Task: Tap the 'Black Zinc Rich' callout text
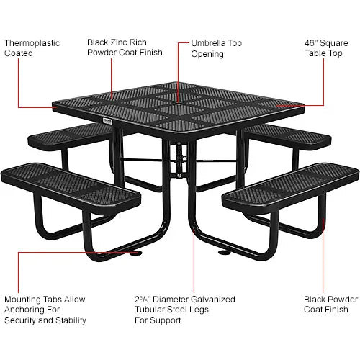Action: tap(118, 42)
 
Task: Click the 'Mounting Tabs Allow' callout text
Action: tap(45, 299)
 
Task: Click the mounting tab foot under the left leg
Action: tap(135, 252)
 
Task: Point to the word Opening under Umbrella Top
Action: tap(207, 53)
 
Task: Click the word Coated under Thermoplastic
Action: tap(19, 53)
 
